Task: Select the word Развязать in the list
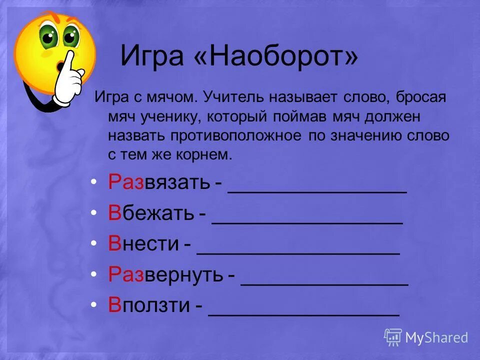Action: coord(158,183)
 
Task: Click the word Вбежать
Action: coord(151,214)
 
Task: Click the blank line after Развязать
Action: coord(317,190)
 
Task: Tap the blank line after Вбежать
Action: coord(307,221)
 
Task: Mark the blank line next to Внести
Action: coord(298,252)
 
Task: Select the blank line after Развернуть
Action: coord(325,283)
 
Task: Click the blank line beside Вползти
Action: coord(304,314)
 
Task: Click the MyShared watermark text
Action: coord(436,337)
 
